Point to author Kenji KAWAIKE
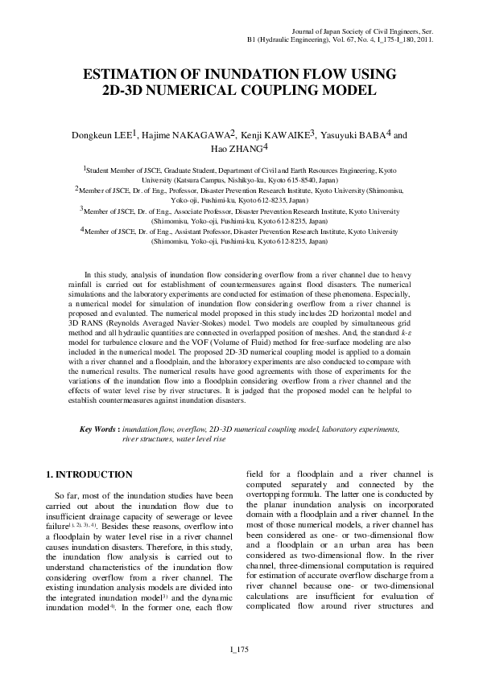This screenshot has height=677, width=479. click(x=276, y=134)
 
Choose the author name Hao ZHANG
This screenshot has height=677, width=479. click(x=239, y=149)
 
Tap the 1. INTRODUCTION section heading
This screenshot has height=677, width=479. click(x=89, y=474)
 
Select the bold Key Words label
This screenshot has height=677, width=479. click(x=97, y=430)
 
